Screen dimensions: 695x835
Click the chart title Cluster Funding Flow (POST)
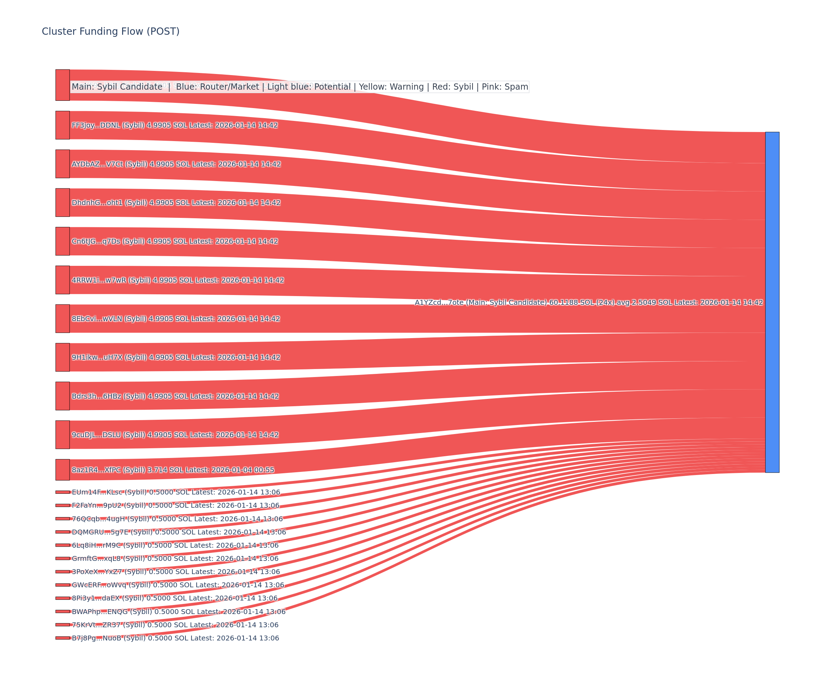pyautogui.click(x=111, y=31)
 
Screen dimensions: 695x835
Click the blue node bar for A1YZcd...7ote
pyautogui.click(x=772, y=302)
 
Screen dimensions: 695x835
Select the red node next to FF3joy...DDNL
pyautogui.click(x=62, y=125)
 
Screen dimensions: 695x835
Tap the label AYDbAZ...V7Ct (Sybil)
pyautogui.click(x=176, y=164)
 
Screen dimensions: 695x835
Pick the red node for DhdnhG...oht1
pyautogui.click(x=62, y=203)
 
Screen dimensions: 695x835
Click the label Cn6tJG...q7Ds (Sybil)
pyautogui.click(x=175, y=242)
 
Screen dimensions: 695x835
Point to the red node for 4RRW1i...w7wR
pyautogui.click(x=62, y=280)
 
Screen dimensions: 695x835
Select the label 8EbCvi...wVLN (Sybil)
pyautogui.click(x=176, y=319)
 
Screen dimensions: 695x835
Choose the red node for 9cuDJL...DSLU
pyautogui.click(x=62, y=435)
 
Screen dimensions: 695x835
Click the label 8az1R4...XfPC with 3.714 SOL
pyautogui.click(x=173, y=470)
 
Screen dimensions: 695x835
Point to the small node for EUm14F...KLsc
pyautogui.click(x=62, y=492)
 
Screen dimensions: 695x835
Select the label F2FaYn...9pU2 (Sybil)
pyautogui.click(x=175, y=506)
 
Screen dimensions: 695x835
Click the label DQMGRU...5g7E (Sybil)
pyautogui.click(x=178, y=532)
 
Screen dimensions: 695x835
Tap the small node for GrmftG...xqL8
pyautogui.click(x=62, y=558)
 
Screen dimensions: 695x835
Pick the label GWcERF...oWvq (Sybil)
pyautogui.click(x=178, y=585)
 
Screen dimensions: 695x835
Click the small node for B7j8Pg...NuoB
pyautogui.click(x=62, y=638)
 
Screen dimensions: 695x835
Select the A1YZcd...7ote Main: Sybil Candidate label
pyautogui.click(x=588, y=303)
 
